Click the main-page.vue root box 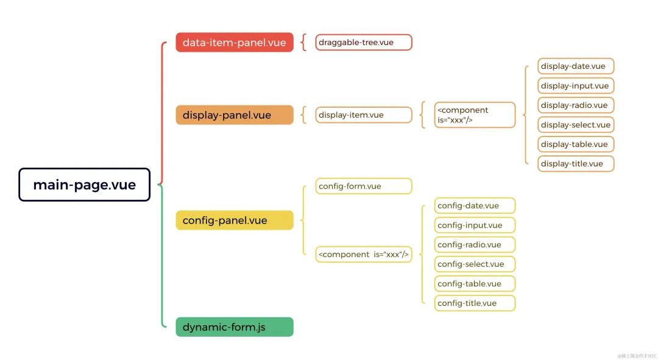coord(84,185)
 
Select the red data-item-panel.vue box coord(235,43)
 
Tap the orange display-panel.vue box coord(235,115)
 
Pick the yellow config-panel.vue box coord(235,220)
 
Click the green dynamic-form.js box coord(235,327)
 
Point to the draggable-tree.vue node coord(364,43)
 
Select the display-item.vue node coord(364,115)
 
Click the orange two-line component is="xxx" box coord(475,115)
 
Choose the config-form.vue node coord(364,186)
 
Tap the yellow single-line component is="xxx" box coord(364,254)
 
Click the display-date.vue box coord(576,66)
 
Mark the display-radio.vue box coord(576,105)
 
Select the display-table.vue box coord(576,144)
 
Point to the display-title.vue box coord(576,163)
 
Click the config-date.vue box coord(475,205)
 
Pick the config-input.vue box coord(475,225)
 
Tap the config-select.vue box coord(475,264)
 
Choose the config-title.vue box coord(475,303)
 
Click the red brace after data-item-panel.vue coord(303,43)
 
